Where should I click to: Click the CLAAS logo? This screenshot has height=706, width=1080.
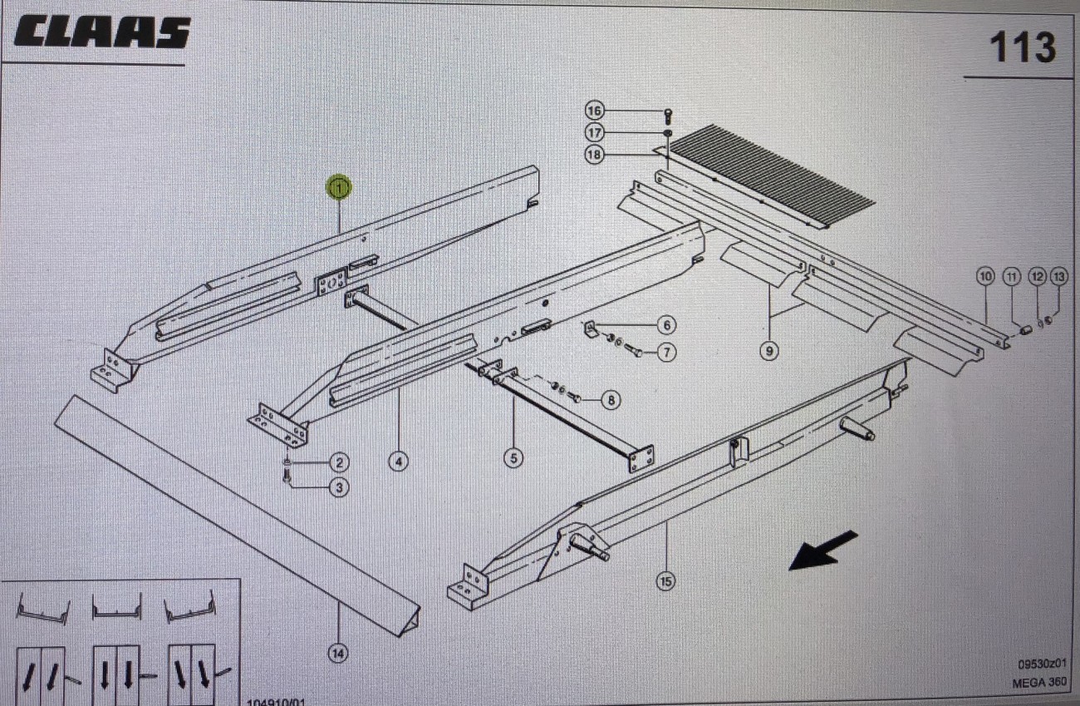coord(102,32)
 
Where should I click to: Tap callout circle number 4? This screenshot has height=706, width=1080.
coord(399,461)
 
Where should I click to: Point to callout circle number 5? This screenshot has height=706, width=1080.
coord(513,457)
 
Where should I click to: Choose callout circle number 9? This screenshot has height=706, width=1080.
coord(769,351)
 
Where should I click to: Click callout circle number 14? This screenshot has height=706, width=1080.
coord(338,654)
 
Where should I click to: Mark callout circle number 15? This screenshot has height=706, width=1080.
coord(665,582)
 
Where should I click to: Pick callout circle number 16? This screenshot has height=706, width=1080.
coord(593,111)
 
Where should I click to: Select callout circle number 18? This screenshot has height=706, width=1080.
coord(593,155)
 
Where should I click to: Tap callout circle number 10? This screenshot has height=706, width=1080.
coord(985,275)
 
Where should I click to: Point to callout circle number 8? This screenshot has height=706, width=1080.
coord(611,401)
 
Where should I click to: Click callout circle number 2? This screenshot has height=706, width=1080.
coord(338,462)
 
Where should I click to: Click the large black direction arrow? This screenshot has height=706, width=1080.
coord(822,550)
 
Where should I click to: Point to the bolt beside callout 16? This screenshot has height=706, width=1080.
coord(667,114)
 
